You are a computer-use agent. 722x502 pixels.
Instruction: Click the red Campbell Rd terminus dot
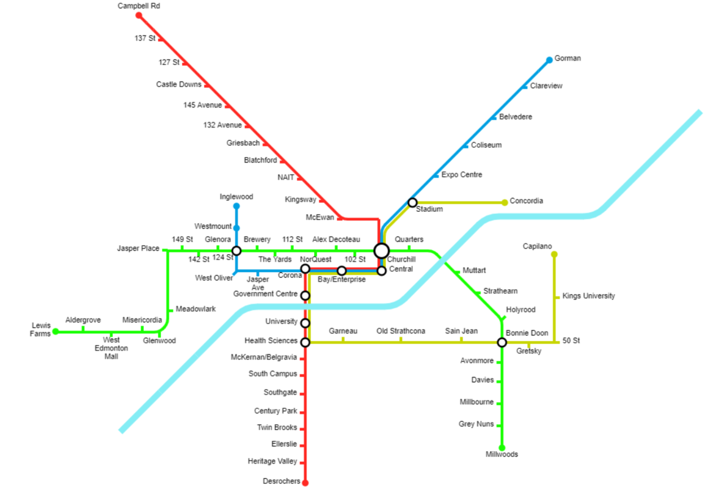[x=139, y=15]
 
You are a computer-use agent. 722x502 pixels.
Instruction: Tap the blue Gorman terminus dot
[x=549, y=60]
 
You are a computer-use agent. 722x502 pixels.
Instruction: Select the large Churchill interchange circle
[x=382, y=251]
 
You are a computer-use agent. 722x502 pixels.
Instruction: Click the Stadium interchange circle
[x=412, y=203]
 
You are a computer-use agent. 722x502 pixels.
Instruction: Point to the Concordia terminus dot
[x=505, y=203]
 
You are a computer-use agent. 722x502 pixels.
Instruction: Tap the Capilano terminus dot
[x=554, y=254]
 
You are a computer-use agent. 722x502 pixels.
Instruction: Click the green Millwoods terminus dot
[x=502, y=448]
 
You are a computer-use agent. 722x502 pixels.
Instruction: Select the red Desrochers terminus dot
[x=305, y=483]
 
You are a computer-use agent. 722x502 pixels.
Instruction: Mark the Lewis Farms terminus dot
[x=56, y=331]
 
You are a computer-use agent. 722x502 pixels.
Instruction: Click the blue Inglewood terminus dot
[x=236, y=206]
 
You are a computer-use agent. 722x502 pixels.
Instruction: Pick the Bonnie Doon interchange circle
[x=502, y=342]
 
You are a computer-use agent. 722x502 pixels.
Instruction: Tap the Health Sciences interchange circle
[x=305, y=342]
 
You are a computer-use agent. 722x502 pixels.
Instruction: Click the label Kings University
[x=588, y=296]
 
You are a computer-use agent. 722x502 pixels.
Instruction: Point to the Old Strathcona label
[x=400, y=331]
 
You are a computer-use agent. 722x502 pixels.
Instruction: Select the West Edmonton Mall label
[x=111, y=348]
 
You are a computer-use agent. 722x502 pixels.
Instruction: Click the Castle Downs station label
[x=179, y=85]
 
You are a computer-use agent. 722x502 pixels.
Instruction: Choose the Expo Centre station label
[x=461, y=174]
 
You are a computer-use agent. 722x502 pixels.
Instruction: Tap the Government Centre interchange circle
[x=305, y=295]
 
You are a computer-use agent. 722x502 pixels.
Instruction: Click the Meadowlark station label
[x=196, y=309]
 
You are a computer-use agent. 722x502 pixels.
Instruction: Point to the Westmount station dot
[x=236, y=228]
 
